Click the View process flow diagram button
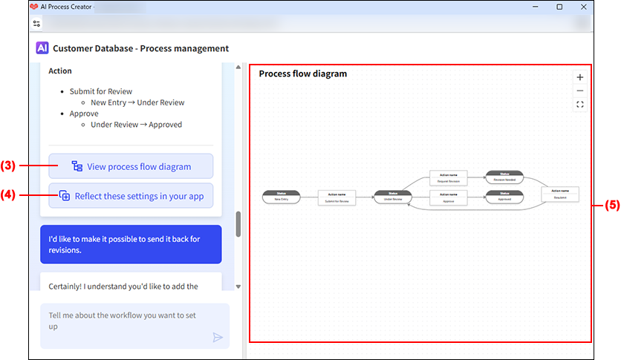coord(131,166)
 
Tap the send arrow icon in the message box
coord(218,337)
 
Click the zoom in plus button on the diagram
coord(580,77)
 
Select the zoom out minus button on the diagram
coord(580,91)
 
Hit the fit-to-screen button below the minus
coord(580,105)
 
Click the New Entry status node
coord(281,197)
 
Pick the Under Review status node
coord(393,197)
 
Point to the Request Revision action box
coord(449,177)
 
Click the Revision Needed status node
coord(504,177)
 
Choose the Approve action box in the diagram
coord(449,197)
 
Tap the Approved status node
coord(504,197)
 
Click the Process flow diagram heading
coord(302,73)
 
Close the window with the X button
coord(584,7)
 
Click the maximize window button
coord(559,7)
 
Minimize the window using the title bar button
coord(535,7)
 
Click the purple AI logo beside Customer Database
coord(42,48)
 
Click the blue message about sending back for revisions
coord(131,244)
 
